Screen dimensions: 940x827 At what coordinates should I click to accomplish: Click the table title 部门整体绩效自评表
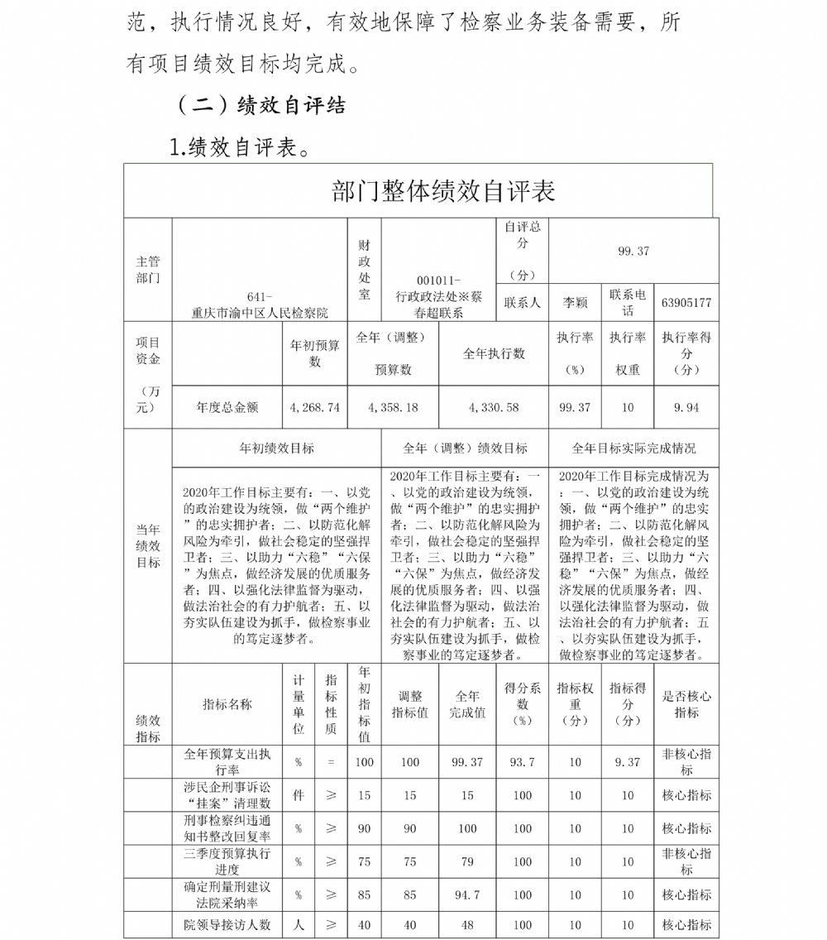pyautogui.click(x=442, y=191)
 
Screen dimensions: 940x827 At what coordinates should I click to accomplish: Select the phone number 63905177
pyautogui.click(x=686, y=303)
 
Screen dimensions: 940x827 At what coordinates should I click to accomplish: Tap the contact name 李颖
pyautogui.click(x=575, y=303)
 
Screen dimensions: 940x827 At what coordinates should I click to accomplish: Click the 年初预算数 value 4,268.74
pyautogui.click(x=315, y=408)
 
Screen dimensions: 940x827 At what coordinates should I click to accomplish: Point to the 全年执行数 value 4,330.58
pyautogui.click(x=493, y=408)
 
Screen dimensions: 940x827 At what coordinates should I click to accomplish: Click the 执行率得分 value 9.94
pyautogui.click(x=686, y=408)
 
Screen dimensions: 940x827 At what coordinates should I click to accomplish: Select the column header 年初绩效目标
pyautogui.click(x=276, y=448)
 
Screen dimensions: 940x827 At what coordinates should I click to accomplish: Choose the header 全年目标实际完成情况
pyautogui.click(x=633, y=448)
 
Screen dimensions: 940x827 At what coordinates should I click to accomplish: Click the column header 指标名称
pyautogui.click(x=227, y=704)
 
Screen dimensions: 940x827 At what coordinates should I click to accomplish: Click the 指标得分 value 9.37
pyautogui.click(x=628, y=762)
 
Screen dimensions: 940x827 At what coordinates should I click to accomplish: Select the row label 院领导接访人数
pyautogui.click(x=227, y=925)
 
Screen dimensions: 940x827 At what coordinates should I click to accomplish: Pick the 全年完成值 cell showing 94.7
pyautogui.click(x=467, y=894)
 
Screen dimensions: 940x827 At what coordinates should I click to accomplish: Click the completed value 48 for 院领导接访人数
pyautogui.click(x=467, y=925)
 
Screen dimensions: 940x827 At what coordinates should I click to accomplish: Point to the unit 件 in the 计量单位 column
pyautogui.click(x=299, y=795)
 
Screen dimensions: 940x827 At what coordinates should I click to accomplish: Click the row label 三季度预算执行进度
pyautogui.click(x=227, y=861)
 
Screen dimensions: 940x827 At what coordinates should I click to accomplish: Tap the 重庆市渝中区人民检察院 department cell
pyautogui.click(x=260, y=305)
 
